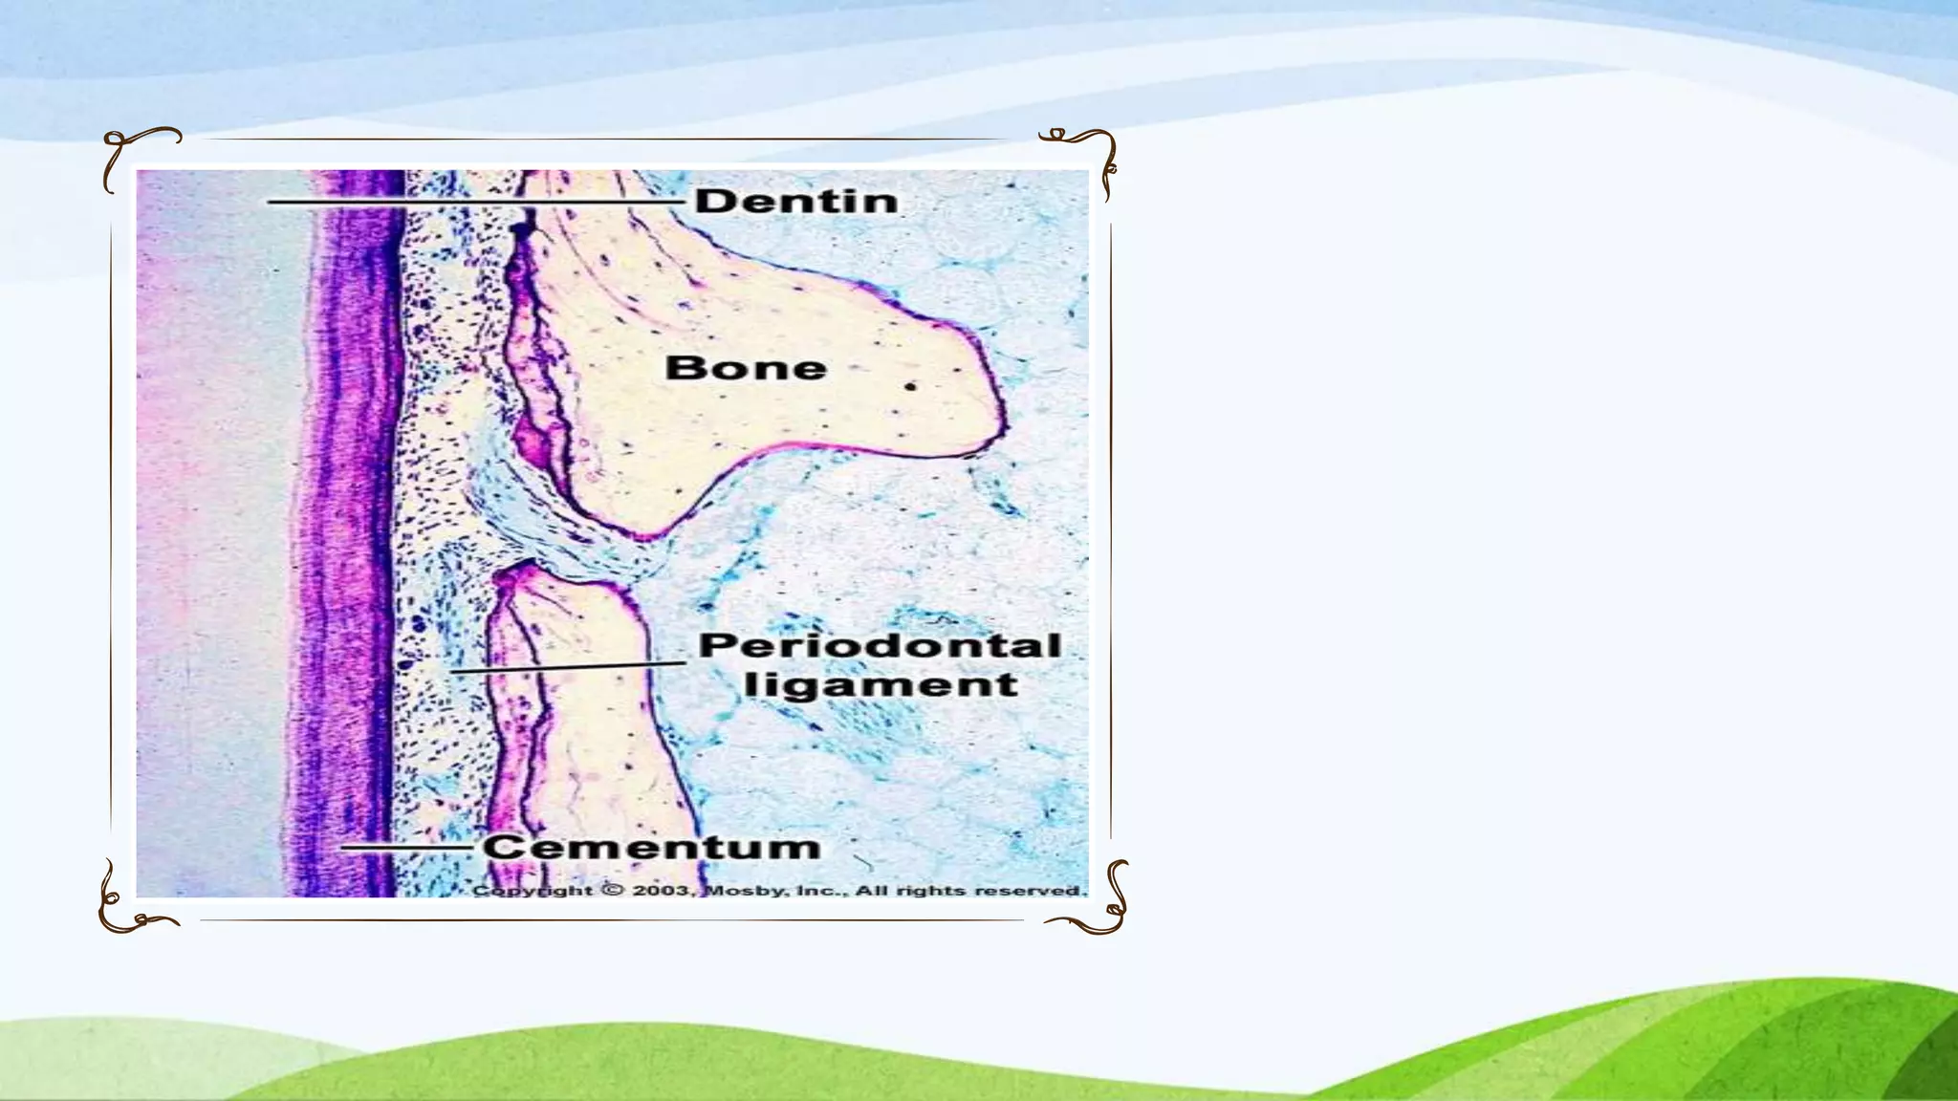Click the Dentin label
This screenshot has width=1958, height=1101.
tap(796, 201)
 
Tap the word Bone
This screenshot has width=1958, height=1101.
tap(746, 368)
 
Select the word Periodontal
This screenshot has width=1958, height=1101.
tap(880, 645)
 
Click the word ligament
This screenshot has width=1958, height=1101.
tap(881, 685)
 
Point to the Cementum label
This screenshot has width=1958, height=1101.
tap(651, 847)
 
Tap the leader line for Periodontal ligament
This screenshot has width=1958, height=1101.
tap(568, 667)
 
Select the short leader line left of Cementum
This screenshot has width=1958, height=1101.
tap(407, 847)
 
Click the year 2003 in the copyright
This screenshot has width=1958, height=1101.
tap(663, 891)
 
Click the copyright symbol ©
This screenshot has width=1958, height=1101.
tap(613, 891)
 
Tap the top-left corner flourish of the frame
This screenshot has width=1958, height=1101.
tap(134, 153)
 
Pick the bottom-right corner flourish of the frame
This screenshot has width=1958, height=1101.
tap(1095, 903)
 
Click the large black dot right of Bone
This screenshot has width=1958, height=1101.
tap(911, 387)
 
